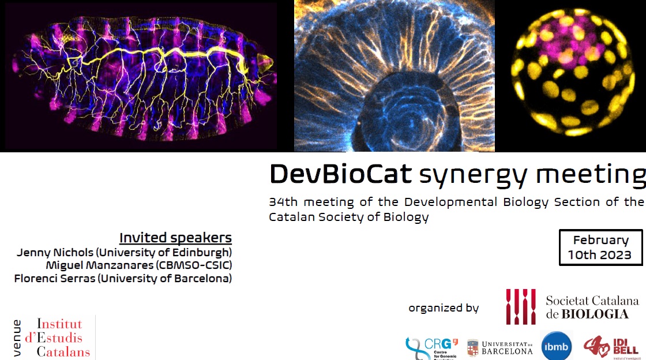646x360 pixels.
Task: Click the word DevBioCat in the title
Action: [x=341, y=173]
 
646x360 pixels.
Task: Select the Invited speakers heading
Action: [x=175, y=238]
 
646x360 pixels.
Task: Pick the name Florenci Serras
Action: [x=52, y=279]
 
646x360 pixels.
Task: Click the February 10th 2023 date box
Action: [x=600, y=247]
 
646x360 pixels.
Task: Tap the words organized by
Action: [x=444, y=308]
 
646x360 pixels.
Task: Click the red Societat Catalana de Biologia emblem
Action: [x=520, y=306]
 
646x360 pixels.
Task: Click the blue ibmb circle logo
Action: [x=557, y=346]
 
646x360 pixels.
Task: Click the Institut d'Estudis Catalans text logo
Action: [x=59, y=337]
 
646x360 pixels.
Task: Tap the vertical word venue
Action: [x=17, y=337]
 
